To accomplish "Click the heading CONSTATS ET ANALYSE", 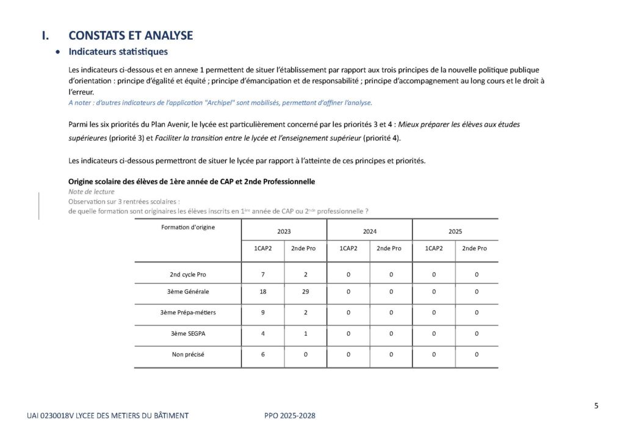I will (x=131, y=35).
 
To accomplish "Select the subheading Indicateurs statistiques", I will (x=118, y=52).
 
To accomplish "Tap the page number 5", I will (x=596, y=405).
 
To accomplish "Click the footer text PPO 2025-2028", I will (x=290, y=416).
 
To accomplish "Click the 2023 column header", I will (x=284, y=231).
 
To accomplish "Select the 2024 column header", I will (x=369, y=231).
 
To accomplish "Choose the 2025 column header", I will (x=455, y=231).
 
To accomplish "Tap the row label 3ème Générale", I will (x=188, y=292).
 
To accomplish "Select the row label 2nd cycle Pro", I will (x=188, y=274).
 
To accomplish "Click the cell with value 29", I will (x=305, y=292).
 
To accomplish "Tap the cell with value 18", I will (x=262, y=292).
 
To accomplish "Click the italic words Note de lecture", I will (x=91, y=192).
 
